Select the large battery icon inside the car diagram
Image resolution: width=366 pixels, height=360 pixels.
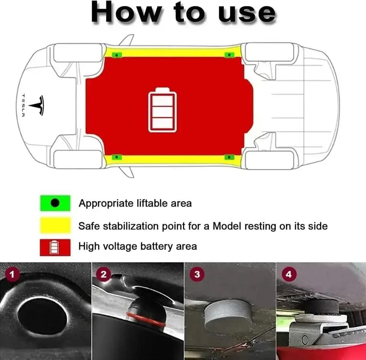tap(163, 110)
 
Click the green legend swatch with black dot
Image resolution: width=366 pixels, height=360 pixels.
tap(55, 203)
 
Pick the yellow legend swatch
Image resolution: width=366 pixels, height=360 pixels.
tap(55, 226)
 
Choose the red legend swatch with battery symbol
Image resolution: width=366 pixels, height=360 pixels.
tap(55, 247)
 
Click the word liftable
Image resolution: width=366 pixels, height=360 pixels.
tap(151, 203)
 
